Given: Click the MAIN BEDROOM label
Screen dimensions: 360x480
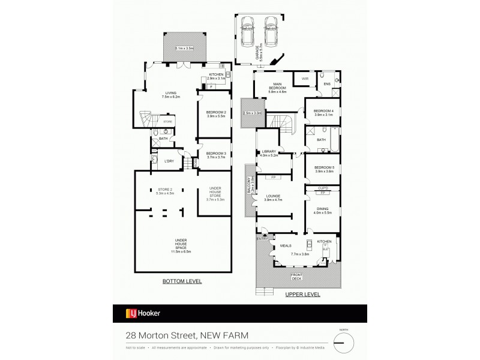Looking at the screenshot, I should click(277, 88).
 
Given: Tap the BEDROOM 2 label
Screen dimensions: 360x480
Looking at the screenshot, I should click(216, 114).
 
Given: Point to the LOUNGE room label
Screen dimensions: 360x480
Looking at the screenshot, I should click(274, 197).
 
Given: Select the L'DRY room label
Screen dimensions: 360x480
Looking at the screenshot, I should click(169, 161).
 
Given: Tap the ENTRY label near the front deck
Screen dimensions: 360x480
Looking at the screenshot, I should click(262, 239).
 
